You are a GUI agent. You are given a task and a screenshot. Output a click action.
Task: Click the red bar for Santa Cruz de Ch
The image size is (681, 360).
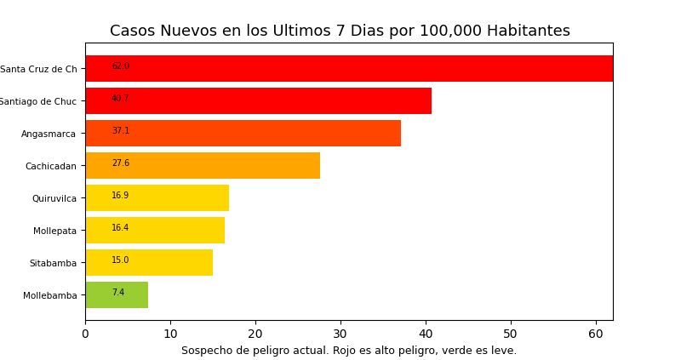click(349, 68)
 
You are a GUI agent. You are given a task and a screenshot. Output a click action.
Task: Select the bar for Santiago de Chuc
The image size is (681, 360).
click(258, 100)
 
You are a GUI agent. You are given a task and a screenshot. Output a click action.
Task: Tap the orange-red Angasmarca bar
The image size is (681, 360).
click(243, 133)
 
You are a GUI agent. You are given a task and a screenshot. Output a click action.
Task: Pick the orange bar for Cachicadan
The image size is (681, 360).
click(203, 165)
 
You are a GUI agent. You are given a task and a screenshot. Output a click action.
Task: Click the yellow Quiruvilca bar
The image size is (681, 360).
click(157, 197)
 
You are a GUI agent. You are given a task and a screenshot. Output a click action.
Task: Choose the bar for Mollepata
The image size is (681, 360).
click(155, 230)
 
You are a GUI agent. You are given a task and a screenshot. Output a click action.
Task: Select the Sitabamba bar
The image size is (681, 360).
click(149, 262)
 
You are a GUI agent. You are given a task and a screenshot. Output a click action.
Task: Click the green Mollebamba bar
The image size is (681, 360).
click(117, 294)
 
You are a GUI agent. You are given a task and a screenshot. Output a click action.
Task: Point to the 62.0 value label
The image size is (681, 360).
click(120, 66)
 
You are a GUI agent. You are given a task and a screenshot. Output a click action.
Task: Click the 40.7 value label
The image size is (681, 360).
click(120, 99)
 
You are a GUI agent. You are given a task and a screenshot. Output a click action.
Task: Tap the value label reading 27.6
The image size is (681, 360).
click(120, 163)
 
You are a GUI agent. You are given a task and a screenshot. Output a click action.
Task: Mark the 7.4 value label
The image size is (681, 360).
click(117, 293)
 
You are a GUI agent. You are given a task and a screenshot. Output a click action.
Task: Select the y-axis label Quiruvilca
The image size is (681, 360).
click(54, 198)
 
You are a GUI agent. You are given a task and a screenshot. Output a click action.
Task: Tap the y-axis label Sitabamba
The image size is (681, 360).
click(53, 263)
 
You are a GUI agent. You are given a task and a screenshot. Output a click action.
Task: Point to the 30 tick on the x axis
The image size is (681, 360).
click(340, 334)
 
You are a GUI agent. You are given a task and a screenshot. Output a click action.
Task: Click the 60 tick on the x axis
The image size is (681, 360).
click(596, 334)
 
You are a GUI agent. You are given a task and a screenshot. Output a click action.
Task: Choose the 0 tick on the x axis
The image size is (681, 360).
click(85, 334)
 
